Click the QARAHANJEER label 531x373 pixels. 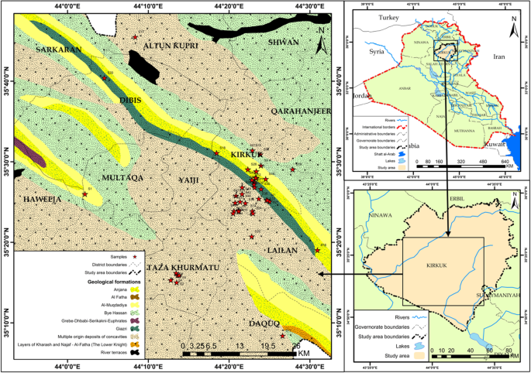301,111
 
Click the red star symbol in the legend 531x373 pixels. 135,256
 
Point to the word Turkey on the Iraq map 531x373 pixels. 387,16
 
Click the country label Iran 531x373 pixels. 498,56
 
